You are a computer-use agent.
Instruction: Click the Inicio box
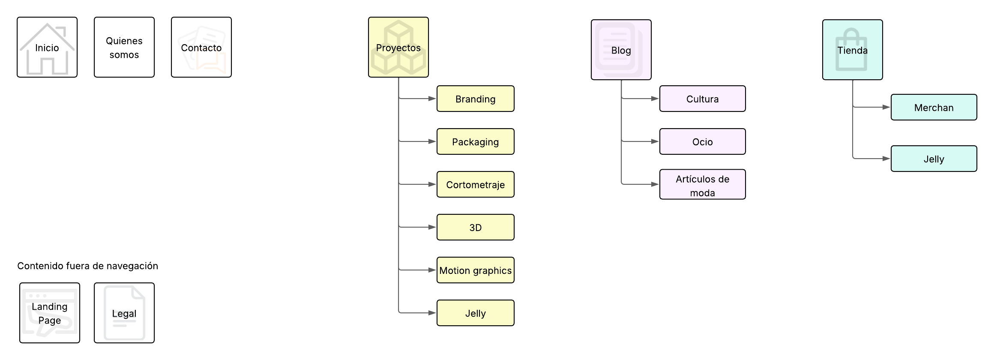click(47, 47)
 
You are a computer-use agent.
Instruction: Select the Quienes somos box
click(124, 47)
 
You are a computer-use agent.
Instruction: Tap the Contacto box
click(201, 47)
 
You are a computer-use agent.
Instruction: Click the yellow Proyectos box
click(398, 47)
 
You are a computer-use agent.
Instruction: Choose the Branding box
click(476, 99)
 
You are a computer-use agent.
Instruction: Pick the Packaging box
click(476, 141)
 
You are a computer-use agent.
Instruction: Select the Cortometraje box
click(476, 184)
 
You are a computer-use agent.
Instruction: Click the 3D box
click(476, 227)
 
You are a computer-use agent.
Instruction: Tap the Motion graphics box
click(476, 270)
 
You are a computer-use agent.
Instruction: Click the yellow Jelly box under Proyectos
click(476, 313)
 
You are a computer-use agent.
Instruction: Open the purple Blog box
click(621, 50)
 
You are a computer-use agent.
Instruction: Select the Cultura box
click(703, 99)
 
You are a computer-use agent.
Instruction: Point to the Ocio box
click(703, 141)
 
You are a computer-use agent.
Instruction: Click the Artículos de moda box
click(703, 184)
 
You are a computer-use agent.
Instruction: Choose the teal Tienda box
click(853, 50)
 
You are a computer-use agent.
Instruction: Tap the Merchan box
click(934, 107)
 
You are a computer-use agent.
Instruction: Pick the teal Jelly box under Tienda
click(934, 159)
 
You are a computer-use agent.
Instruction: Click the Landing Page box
click(50, 313)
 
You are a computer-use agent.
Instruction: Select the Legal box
click(124, 313)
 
